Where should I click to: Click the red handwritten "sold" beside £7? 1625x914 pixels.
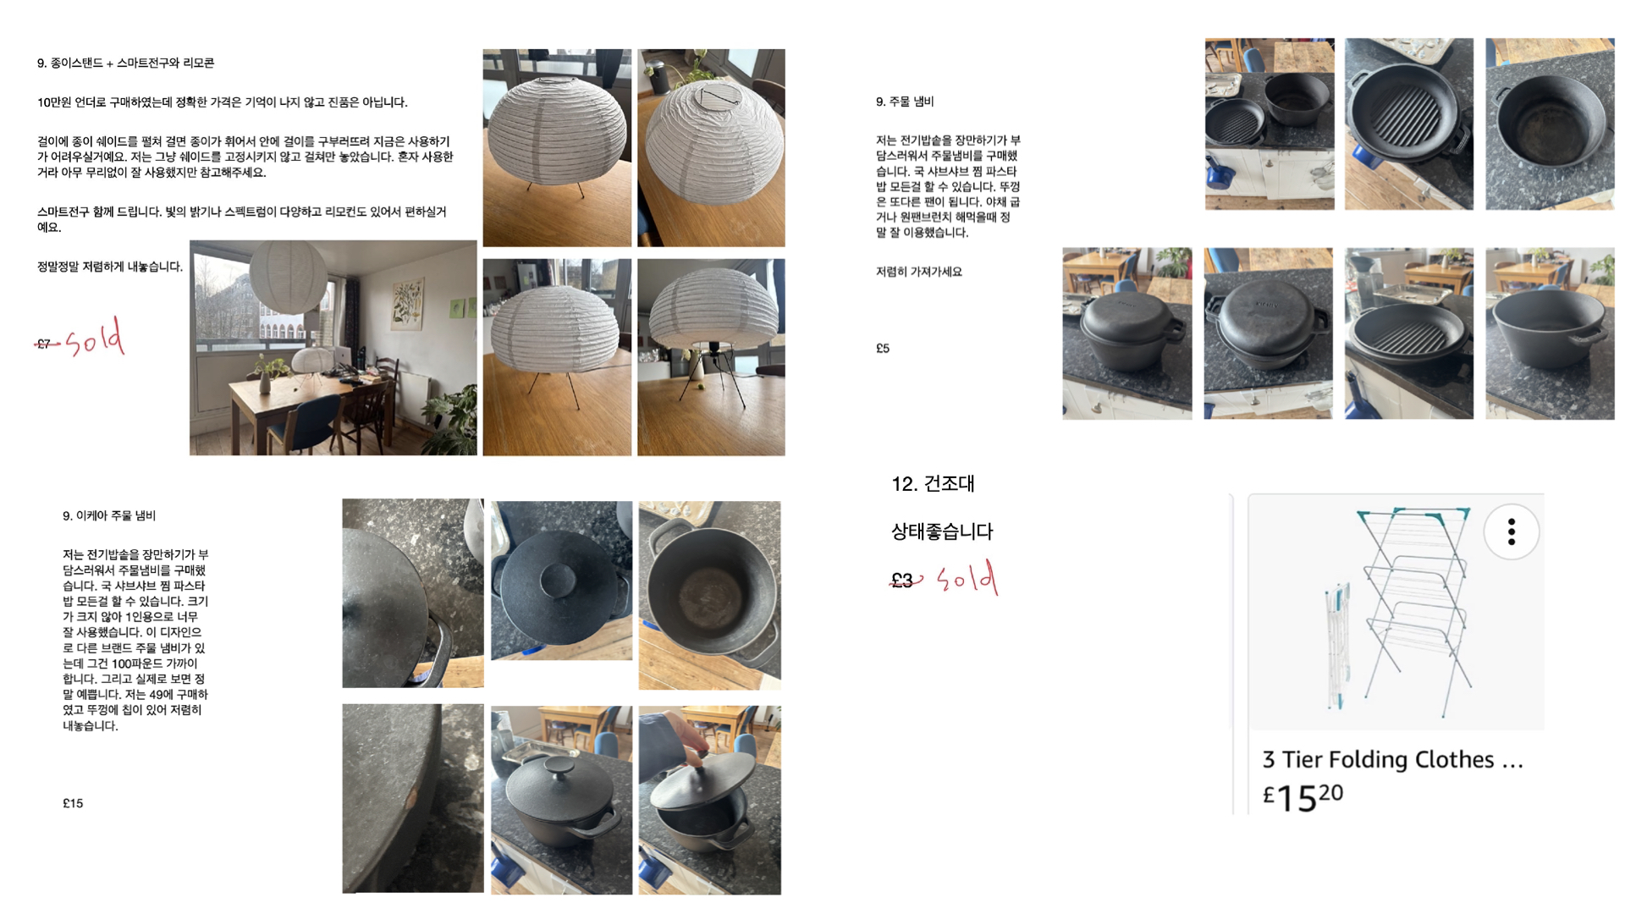(95, 338)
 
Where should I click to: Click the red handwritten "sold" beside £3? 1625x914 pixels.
(967, 578)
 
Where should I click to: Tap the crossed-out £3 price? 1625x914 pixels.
(902, 580)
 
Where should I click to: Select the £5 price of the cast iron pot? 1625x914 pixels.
(883, 348)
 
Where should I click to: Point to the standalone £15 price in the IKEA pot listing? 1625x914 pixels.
(73, 803)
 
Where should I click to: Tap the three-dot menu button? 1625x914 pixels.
(1511, 531)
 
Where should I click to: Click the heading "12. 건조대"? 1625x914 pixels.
(933, 484)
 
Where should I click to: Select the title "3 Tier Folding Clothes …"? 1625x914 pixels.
(1392, 759)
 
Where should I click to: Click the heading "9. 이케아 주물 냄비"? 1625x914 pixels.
(109, 515)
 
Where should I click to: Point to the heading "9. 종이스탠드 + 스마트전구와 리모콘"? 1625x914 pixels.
(125, 63)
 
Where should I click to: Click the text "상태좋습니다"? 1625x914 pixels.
(942, 531)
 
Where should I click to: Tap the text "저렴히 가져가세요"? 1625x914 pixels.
(918, 272)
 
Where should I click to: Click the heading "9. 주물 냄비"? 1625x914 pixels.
(904, 102)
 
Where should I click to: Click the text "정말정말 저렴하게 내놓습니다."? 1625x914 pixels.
(110, 267)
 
